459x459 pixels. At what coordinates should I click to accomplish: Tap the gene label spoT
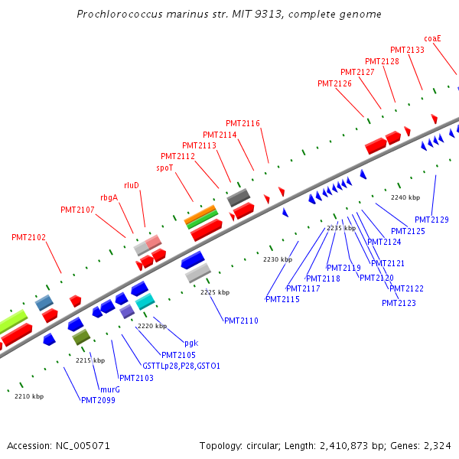(164, 167)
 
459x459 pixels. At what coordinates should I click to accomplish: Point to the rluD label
(132, 185)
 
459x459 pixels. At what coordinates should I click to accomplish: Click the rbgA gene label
(109, 197)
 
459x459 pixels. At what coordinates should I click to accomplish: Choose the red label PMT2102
(28, 237)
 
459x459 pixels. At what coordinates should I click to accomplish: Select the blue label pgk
(191, 343)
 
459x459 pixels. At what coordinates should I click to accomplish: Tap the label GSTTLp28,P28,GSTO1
(181, 366)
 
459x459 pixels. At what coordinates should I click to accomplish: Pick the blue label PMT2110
(242, 321)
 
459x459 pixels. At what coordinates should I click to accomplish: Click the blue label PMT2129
(431, 220)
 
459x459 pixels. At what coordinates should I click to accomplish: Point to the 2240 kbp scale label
(405, 197)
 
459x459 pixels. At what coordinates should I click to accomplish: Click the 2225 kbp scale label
(215, 292)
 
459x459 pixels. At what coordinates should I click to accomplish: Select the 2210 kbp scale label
(29, 396)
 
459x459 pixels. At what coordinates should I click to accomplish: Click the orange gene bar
(200, 215)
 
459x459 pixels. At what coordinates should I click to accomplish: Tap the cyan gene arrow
(145, 301)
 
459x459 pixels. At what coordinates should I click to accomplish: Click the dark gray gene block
(239, 198)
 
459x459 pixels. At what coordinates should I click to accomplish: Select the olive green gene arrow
(81, 335)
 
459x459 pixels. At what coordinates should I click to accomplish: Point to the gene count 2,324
(437, 445)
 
